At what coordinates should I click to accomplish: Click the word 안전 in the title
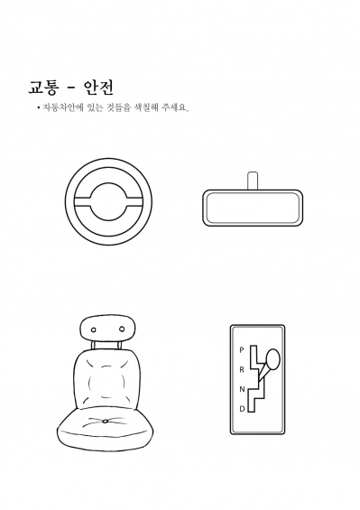(x=98, y=88)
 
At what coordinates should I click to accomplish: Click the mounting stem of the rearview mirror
(x=253, y=181)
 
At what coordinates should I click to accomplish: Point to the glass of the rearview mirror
(x=253, y=209)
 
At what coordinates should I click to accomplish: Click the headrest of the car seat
(x=107, y=329)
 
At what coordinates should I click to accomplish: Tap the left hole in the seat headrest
(x=94, y=329)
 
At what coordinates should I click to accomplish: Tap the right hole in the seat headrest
(x=122, y=329)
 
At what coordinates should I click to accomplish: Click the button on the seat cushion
(x=105, y=422)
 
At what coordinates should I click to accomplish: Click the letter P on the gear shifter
(x=241, y=350)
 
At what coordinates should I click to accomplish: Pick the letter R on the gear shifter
(x=242, y=370)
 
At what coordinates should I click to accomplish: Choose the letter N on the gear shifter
(x=242, y=389)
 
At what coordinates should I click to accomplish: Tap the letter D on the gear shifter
(x=242, y=409)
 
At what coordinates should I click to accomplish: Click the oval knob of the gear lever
(x=272, y=359)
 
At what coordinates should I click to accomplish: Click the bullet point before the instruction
(x=39, y=107)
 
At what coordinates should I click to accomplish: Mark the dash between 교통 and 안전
(x=71, y=88)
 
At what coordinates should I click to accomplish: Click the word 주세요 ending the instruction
(x=175, y=108)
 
